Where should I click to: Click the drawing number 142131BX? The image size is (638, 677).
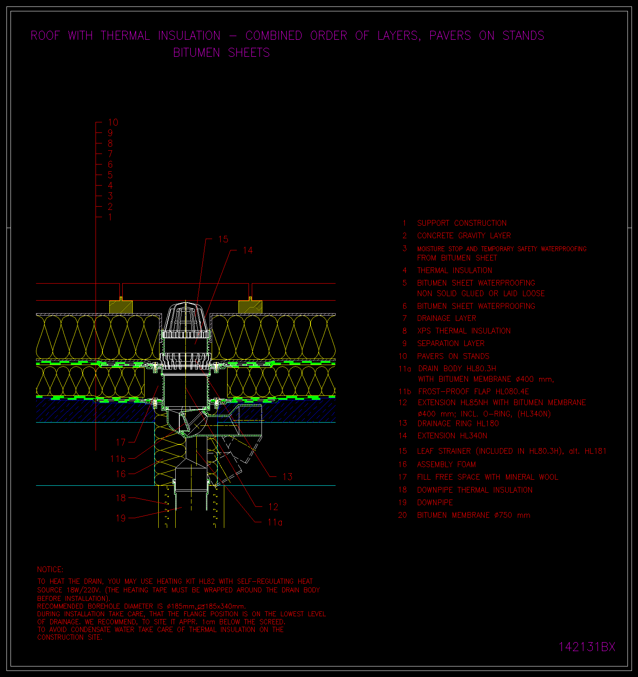coord(587,647)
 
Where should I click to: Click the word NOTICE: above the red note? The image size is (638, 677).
coord(50,570)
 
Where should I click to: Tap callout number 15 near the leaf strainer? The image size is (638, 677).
coord(223,239)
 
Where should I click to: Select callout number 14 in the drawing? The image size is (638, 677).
coord(247,250)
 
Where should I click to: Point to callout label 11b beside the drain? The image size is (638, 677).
coord(118,459)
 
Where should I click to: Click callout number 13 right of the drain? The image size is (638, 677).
coord(287,476)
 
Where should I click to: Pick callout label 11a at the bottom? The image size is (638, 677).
coord(275,522)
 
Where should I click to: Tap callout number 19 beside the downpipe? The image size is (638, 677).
coord(121,518)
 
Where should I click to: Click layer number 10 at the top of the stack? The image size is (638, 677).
coord(113,122)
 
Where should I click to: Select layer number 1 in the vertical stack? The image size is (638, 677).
coord(110,217)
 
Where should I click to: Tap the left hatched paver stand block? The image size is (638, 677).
coord(121,307)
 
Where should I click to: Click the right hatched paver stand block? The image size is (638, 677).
coord(250,307)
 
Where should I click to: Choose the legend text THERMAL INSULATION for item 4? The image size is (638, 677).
coord(455,270)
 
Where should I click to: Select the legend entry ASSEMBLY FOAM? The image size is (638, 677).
coord(447,464)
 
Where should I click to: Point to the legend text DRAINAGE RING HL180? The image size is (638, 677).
coord(458,423)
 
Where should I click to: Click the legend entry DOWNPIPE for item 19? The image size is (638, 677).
coord(435,502)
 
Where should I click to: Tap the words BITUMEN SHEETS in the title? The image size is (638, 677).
coord(221,53)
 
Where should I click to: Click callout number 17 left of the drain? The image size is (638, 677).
coord(121,442)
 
